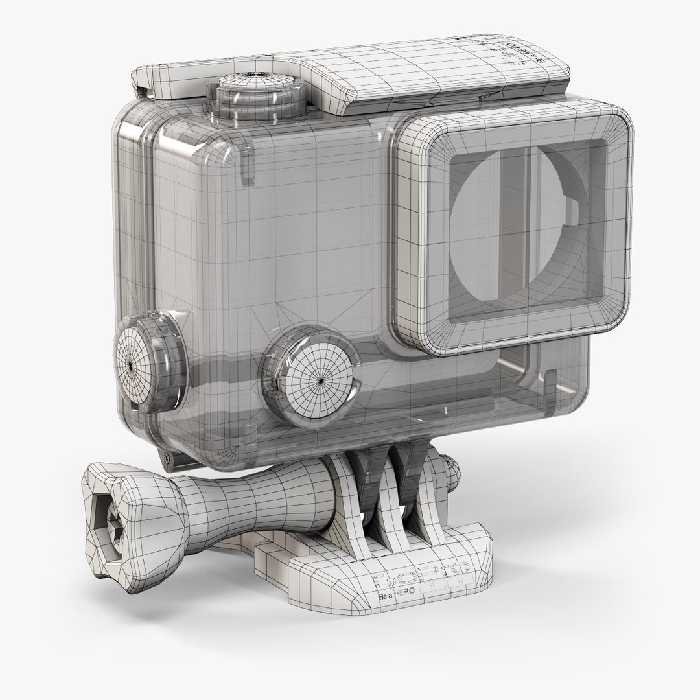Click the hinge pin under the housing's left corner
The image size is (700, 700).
(170, 457)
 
